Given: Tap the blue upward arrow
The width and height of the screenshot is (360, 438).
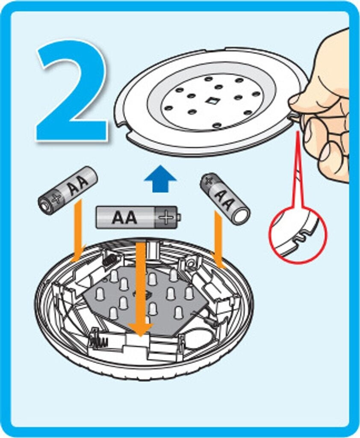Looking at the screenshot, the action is pos(160,179).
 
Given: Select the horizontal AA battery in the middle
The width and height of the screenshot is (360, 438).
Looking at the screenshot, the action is pos(138,217).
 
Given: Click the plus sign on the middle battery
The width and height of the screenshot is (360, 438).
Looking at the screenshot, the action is pos(166,217).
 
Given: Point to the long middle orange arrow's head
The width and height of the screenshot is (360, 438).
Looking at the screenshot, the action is pos(140,330).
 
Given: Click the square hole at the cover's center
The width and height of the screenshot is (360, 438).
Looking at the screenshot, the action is pos(212,101).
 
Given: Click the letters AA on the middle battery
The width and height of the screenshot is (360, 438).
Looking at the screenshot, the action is pos(125,218).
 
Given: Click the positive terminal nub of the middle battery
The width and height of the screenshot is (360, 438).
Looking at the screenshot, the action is pos(179,217).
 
